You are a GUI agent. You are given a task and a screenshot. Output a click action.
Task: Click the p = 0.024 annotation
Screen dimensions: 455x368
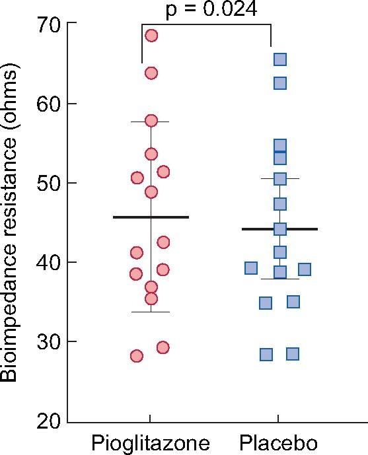point(205,9)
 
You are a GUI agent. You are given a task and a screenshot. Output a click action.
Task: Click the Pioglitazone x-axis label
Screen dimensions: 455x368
point(151,442)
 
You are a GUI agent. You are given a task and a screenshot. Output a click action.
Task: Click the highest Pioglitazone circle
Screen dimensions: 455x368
point(151,36)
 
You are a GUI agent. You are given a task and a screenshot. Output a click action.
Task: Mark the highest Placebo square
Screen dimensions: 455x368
point(280,60)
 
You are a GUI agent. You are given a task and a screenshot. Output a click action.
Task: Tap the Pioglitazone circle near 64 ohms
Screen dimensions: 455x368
point(151,73)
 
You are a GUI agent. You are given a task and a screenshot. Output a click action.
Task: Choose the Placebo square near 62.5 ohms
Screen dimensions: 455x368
point(280,83)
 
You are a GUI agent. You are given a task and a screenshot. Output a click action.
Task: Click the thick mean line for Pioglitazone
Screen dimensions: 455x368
point(151,217)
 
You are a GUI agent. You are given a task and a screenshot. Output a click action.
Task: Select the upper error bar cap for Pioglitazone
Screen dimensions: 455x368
point(151,122)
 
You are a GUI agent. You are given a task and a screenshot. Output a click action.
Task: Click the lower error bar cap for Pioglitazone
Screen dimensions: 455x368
point(151,312)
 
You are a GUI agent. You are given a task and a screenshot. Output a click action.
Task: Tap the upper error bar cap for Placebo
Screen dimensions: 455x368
point(279,178)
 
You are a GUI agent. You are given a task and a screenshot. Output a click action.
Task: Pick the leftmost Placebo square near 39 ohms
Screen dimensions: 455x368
point(251,267)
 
